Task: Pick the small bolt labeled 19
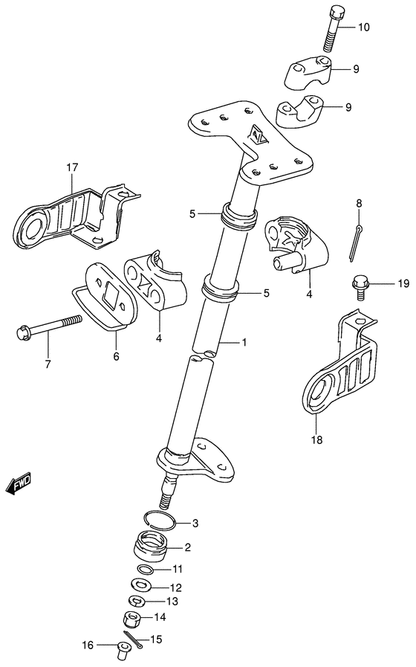[360, 285]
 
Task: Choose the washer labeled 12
[140, 586]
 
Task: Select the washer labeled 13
[136, 601]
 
